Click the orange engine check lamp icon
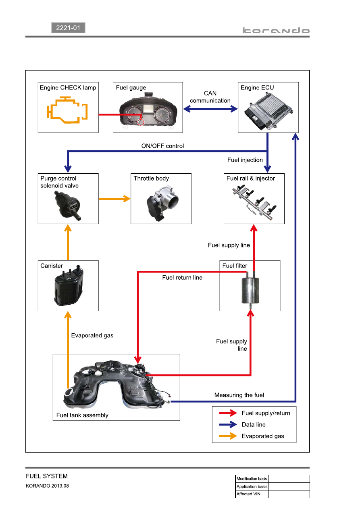(x=67, y=110)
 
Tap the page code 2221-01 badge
(x=68, y=28)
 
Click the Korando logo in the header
(x=276, y=30)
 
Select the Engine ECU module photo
(x=268, y=111)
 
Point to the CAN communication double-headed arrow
(x=210, y=109)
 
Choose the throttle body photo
(x=163, y=203)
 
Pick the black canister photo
(x=69, y=285)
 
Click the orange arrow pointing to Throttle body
(x=114, y=199)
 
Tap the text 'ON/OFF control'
(x=162, y=146)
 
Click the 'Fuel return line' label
(x=182, y=277)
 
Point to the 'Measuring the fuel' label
(x=239, y=395)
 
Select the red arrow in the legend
(x=228, y=413)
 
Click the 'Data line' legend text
(x=254, y=424)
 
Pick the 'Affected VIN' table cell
(x=252, y=494)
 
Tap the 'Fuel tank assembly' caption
(x=82, y=415)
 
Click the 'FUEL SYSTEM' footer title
(x=47, y=476)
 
